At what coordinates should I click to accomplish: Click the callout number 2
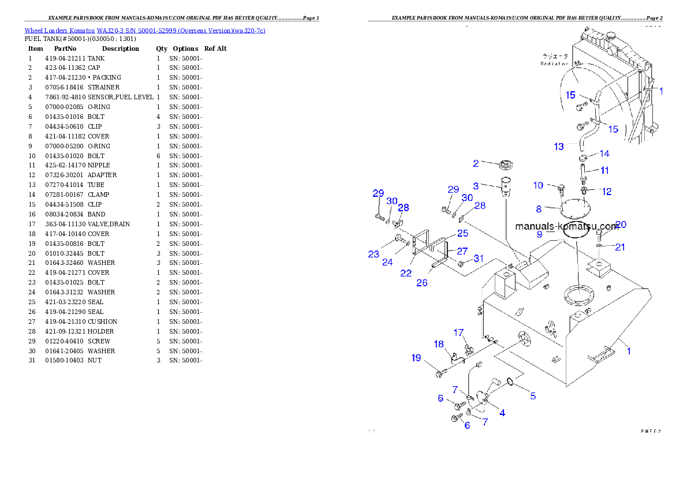(476, 163)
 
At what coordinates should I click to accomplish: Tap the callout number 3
(476, 186)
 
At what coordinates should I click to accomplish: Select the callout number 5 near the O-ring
(533, 396)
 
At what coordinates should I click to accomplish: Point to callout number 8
(539, 209)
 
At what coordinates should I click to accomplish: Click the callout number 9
(539, 234)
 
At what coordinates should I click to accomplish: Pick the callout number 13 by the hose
(559, 147)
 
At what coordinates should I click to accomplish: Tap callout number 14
(604, 154)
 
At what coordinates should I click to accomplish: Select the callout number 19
(416, 358)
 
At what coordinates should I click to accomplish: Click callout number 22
(406, 273)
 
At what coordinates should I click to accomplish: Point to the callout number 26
(422, 283)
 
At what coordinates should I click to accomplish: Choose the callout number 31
(479, 259)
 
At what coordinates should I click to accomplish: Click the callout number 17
(458, 332)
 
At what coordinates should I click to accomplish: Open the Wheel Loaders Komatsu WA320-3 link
(145, 31)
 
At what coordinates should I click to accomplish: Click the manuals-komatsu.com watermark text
(566, 226)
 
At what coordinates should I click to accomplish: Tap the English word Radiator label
(554, 63)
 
